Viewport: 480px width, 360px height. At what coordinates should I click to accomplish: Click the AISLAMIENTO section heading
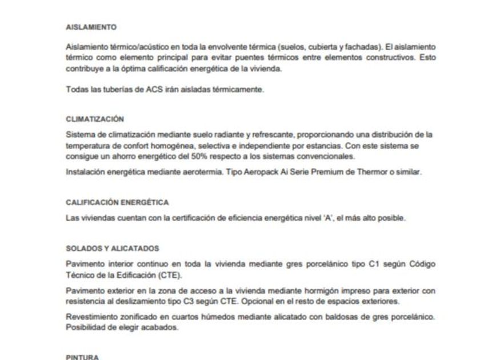[x=91, y=27]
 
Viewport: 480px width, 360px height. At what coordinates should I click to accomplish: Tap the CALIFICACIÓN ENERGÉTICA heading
[x=118, y=202]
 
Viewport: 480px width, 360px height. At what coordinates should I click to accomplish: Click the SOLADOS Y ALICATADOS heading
[x=113, y=248]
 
